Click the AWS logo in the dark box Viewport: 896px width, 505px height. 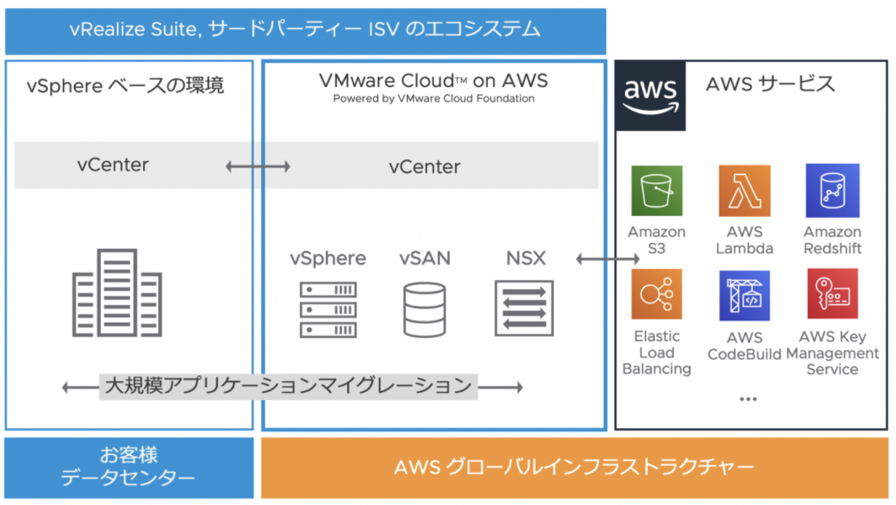pyautogui.click(x=651, y=96)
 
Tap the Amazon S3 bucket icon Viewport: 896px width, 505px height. pyautogui.click(x=656, y=191)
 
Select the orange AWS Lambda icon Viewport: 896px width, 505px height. pyautogui.click(x=744, y=191)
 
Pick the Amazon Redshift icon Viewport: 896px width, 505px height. pyautogui.click(x=832, y=191)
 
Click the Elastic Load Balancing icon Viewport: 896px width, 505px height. pyautogui.click(x=656, y=295)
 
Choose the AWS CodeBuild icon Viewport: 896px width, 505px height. pyautogui.click(x=744, y=296)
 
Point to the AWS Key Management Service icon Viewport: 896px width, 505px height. pyautogui.click(x=832, y=295)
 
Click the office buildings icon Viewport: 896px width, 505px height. pyautogui.click(x=117, y=293)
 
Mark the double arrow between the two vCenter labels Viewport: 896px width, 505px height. pyautogui.click(x=258, y=167)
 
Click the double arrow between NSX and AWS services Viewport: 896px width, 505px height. pyautogui.click(x=608, y=258)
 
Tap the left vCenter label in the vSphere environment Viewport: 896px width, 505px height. pyautogui.click(x=113, y=165)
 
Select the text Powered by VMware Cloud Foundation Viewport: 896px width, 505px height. pyautogui.click(x=433, y=99)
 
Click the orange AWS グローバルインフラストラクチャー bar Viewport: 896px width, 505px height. pyautogui.click(x=574, y=467)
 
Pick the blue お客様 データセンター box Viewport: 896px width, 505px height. pyautogui.click(x=129, y=467)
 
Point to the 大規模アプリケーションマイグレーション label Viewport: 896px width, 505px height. pyautogui.click(x=288, y=386)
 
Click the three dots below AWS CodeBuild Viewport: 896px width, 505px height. pyautogui.click(x=748, y=399)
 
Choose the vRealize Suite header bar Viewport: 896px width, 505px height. pyautogui.click(x=305, y=30)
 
